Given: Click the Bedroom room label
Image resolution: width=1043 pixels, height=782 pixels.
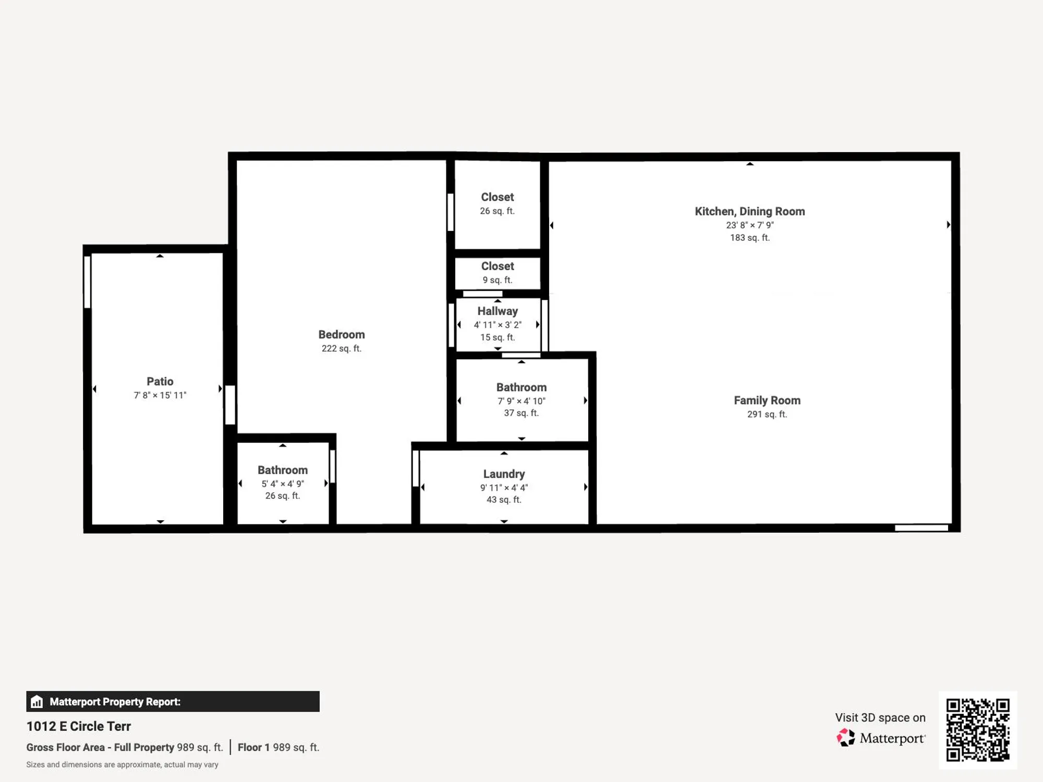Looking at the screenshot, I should tap(342, 335).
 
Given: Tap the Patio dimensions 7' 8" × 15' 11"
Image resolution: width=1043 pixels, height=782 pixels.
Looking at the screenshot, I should tap(160, 395).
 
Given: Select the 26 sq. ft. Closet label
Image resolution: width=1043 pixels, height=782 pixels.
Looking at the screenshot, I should tap(497, 197).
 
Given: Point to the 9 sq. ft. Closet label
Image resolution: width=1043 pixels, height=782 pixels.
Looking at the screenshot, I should tap(497, 266).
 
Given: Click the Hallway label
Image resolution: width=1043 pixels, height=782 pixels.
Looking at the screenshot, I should tap(498, 311).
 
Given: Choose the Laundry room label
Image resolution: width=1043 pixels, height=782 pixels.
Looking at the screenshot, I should tap(504, 474).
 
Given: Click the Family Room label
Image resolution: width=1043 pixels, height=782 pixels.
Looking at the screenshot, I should tap(767, 400).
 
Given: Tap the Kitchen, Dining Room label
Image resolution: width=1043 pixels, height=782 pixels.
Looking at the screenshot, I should tap(749, 211).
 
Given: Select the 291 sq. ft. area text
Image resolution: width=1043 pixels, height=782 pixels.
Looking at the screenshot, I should tap(767, 414).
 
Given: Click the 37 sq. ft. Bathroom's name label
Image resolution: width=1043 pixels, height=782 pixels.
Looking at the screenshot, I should tap(521, 387).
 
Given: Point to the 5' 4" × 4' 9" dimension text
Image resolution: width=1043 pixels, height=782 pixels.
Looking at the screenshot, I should tap(283, 484).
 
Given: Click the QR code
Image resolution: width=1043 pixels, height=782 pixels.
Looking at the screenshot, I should tap(978, 730).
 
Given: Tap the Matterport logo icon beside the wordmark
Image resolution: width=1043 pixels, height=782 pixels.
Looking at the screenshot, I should tap(846, 738).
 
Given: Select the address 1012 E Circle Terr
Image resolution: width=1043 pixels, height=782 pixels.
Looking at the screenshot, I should tap(79, 726).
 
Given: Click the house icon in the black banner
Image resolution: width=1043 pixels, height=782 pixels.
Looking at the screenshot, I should tap(37, 702).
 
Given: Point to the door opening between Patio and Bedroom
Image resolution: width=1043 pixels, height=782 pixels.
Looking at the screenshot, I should tap(230, 405).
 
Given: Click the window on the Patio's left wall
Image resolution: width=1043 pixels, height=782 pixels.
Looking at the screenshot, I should tap(88, 282).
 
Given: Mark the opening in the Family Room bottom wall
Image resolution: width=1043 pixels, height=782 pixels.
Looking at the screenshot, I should tap(921, 528).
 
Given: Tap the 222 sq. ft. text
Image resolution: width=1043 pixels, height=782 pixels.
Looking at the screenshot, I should tap(342, 349).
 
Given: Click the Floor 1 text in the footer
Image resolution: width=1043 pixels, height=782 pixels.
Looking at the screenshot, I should tap(253, 747).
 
